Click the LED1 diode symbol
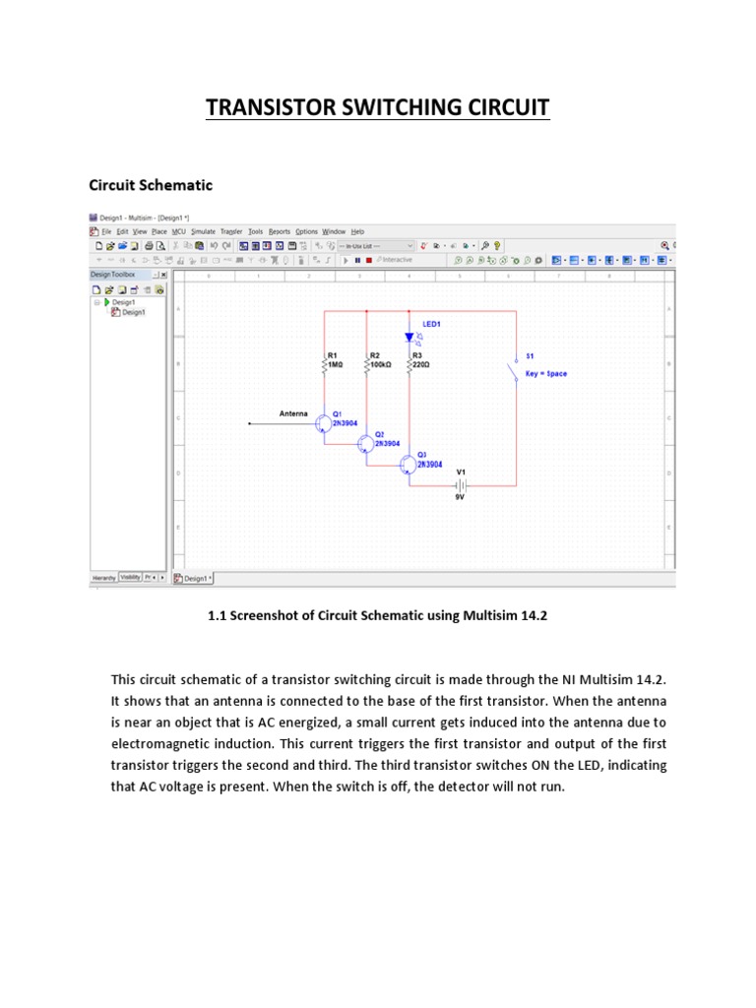(409, 338)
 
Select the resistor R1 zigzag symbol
(326, 366)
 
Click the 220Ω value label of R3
(421, 364)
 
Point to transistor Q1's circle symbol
(323, 423)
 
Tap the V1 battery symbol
(460, 485)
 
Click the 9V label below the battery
(460, 498)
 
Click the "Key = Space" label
(546, 374)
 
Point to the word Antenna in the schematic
(293, 413)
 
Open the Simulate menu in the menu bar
(203, 231)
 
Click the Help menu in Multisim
(357, 231)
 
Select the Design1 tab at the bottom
(194, 578)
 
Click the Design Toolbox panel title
(114, 275)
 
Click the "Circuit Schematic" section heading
(151, 185)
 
